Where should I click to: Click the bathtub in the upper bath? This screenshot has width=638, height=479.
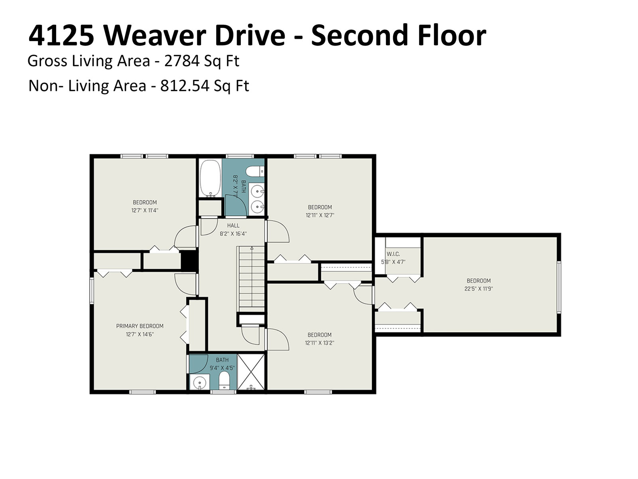[210, 178]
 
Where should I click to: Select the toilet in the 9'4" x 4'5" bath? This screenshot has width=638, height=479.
[224, 381]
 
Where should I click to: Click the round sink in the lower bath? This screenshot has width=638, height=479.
[199, 382]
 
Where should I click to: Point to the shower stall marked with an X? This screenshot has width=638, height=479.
[251, 372]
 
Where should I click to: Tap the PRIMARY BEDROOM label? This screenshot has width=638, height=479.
[140, 326]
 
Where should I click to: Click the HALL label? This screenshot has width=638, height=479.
[233, 226]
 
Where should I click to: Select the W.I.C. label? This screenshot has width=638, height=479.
[393, 254]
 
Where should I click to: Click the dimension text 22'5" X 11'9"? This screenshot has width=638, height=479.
[479, 289]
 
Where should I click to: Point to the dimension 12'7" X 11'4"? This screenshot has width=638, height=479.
[145, 210]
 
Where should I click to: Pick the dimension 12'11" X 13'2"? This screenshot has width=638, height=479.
[319, 343]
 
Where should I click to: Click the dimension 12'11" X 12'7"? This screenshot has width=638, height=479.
[320, 215]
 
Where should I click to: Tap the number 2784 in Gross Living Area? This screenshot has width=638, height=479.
[182, 61]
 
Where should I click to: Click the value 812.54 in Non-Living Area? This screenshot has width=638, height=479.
[185, 86]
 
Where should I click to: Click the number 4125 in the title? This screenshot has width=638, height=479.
[61, 35]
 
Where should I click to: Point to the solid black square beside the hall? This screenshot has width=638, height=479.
[189, 260]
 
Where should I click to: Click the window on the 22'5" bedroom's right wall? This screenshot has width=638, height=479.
[559, 287]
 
